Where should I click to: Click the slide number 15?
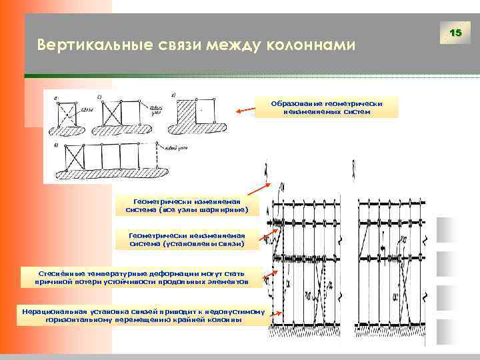(x=456, y=33)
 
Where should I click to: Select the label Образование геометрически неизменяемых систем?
(x=326, y=107)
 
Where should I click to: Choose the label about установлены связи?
(x=186, y=239)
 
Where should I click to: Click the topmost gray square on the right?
(x=445, y=230)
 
